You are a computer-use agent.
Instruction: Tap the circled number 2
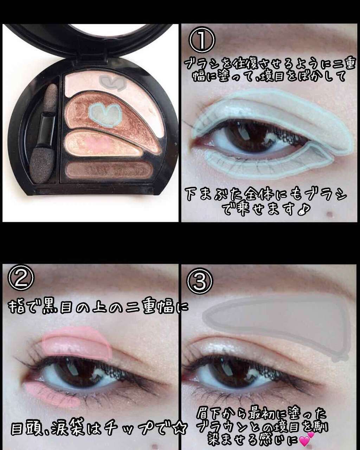21,279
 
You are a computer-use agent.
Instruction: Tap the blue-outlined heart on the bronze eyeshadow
105,115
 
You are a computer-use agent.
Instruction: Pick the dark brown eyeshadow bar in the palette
107,170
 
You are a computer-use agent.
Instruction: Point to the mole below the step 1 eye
330,213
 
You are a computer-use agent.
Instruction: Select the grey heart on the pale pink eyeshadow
113,82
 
